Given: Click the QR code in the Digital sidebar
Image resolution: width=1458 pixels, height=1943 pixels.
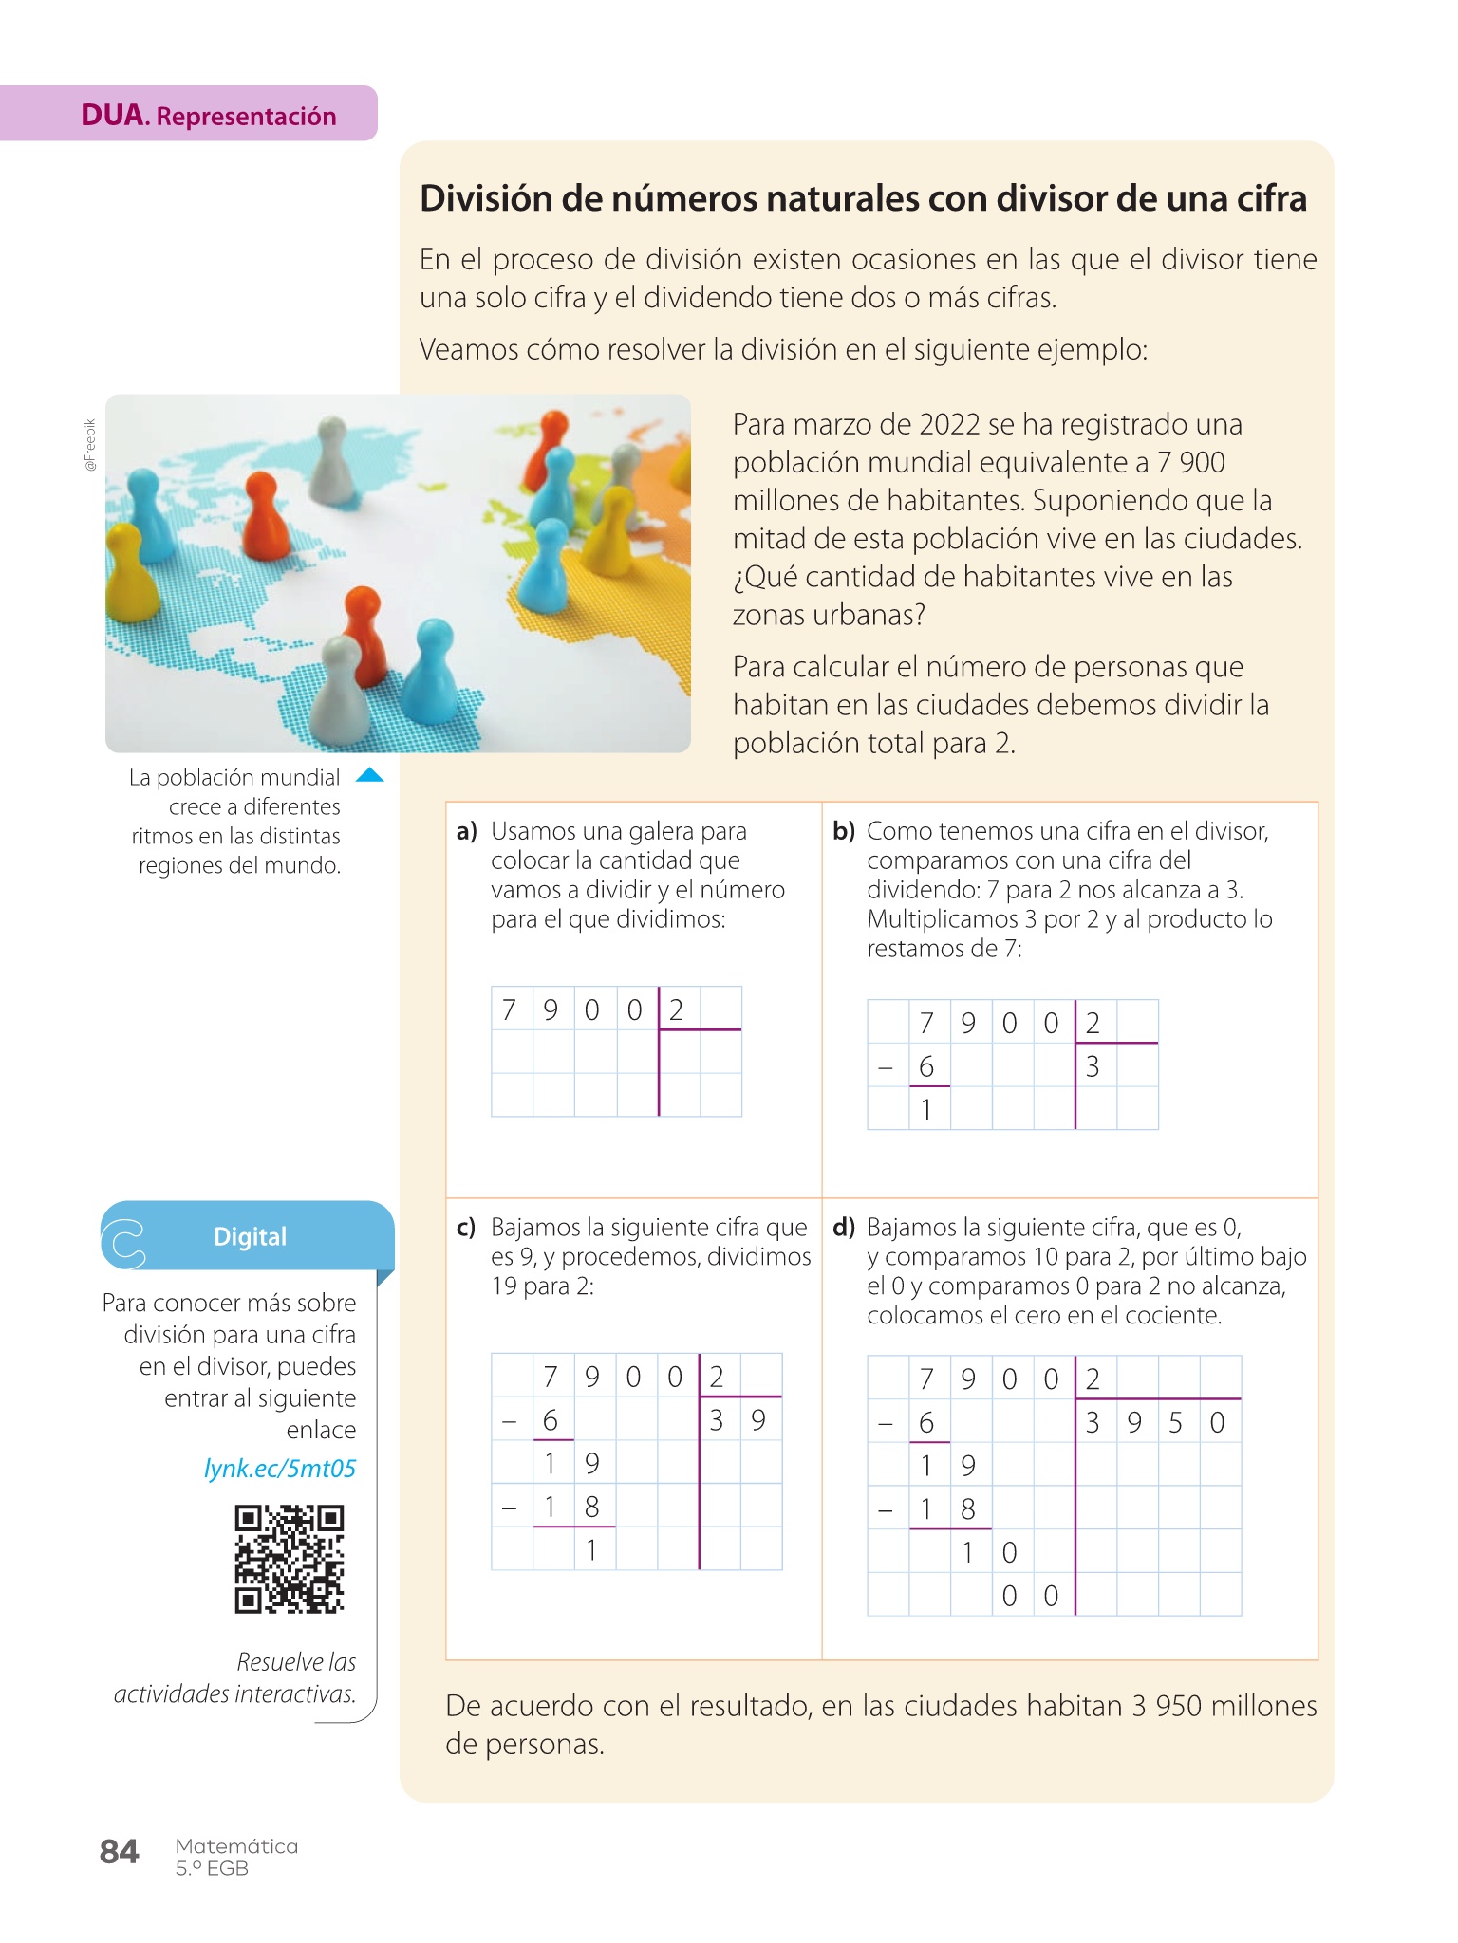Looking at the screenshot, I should [289, 1558].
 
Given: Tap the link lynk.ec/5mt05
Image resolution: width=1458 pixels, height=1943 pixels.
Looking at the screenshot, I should [280, 1468].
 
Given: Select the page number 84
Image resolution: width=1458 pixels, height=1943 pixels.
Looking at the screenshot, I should [119, 1852].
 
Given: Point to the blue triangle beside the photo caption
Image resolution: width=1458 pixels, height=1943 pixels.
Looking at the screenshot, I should [369, 776].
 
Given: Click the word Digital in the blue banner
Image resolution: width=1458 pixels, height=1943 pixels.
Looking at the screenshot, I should [250, 1236].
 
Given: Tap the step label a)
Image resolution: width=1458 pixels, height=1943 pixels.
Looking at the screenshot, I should [466, 832].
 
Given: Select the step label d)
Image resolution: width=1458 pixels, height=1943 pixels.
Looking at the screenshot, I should [844, 1228].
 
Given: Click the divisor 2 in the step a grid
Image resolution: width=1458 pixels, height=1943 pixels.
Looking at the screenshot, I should [676, 1009].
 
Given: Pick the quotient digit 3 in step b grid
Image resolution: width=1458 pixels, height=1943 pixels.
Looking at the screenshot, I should [1093, 1066].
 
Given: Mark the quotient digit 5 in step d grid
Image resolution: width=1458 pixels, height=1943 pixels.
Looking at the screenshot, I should [1175, 1422].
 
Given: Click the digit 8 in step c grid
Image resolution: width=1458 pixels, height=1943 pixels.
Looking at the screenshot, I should [591, 1507].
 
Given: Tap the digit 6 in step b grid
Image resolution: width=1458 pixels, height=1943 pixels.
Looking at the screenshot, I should [926, 1066].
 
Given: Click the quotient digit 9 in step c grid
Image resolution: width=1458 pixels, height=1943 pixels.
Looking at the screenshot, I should [757, 1420].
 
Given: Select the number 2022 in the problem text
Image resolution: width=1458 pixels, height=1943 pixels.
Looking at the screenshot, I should [949, 424].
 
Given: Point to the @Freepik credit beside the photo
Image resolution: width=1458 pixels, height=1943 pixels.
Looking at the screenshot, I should [90, 444].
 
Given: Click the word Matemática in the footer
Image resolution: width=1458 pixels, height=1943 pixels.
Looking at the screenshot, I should [236, 1845].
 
